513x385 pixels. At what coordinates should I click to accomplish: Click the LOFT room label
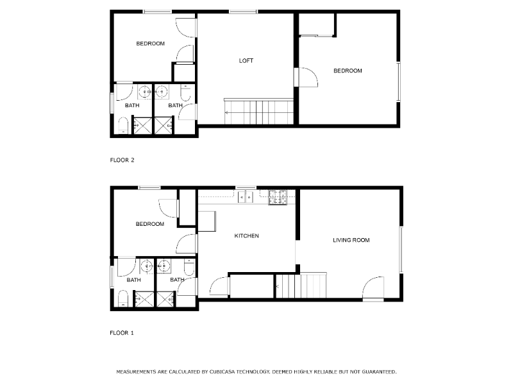pyautogui.click(x=246, y=61)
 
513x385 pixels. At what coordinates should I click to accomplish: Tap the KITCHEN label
pyautogui.click(x=246, y=236)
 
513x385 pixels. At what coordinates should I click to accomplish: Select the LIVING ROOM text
pyautogui.click(x=351, y=241)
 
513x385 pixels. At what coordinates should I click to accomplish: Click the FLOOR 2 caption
pyautogui.click(x=122, y=160)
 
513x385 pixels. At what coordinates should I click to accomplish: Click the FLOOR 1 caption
pyautogui.click(x=122, y=333)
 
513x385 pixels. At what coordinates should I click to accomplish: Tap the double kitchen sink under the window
pyautogui.click(x=246, y=197)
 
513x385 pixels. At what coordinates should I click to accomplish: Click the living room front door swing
pyautogui.click(x=372, y=289)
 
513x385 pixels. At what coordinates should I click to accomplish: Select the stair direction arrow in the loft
pyautogui.click(x=227, y=112)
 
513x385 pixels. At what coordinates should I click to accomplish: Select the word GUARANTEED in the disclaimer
pyautogui.click(x=376, y=372)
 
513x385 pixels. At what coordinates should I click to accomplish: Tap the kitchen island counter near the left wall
pyautogui.click(x=206, y=221)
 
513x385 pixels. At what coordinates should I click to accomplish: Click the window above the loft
pyautogui.click(x=243, y=12)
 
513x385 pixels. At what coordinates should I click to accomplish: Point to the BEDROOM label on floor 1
pyautogui.click(x=149, y=224)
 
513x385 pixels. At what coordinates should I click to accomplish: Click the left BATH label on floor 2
pyautogui.click(x=132, y=105)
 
